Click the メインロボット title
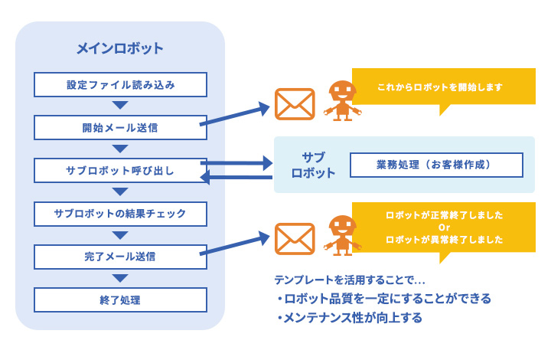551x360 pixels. pyautogui.click(x=120, y=48)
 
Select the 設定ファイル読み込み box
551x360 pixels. pyautogui.click(x=120, y=85)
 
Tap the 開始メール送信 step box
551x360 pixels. pyautogui.click(x=120, y=127)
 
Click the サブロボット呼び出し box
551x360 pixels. pyautogui.click(x=120, y=170)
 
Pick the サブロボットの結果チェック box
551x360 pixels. pyautogui.click(x=120, y=212)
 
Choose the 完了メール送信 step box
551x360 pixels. pyautogui.click(x=120, y=255)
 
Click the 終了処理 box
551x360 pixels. pyautogui.click(x=120, y=299)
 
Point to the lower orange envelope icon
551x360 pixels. pyautogui.click(x=295, y=238)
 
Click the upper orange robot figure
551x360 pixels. pyautogui.click(x=342, y=100)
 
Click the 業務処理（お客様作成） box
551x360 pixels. pyautogui.click(x=436, y=165)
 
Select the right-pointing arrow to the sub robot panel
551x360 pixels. pyautogui.click(x=237, y=162)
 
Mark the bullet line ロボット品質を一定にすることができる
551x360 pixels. pyautogui.click(x=383, y=298)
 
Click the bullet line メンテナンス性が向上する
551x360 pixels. pyautogui.click(x=349, y=317)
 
